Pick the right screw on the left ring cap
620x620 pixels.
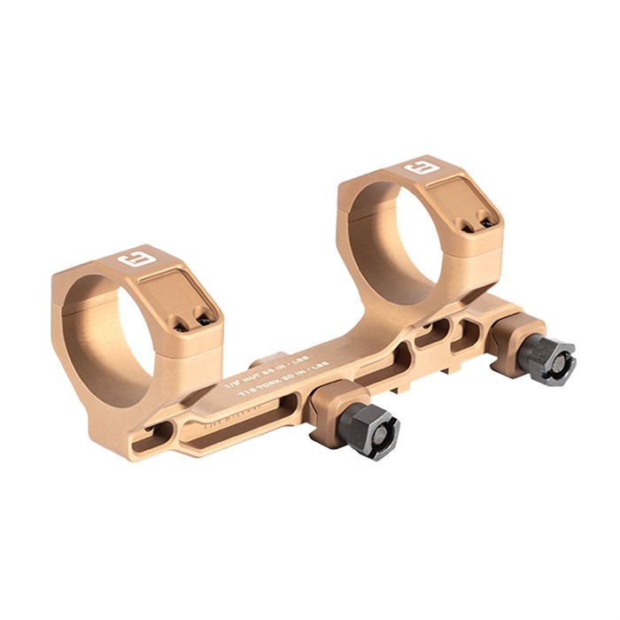pos(203,320)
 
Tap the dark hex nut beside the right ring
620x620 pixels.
pos(545,358)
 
